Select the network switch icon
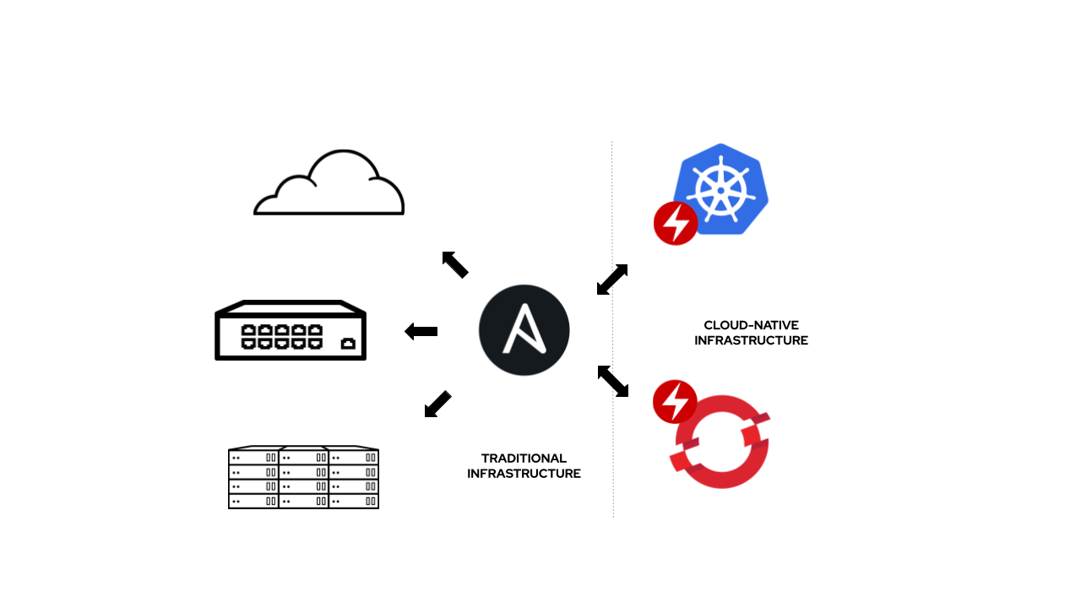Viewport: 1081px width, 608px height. [291, 331]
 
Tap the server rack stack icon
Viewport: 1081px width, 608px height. [303, 478]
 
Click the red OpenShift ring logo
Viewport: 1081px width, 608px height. [722, 442]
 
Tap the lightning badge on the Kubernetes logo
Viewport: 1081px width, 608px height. [676, 224]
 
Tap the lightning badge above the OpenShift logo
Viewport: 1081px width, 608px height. [675, 402]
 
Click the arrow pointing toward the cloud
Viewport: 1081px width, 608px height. [455, 264]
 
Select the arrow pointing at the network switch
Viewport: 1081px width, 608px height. [421, 331]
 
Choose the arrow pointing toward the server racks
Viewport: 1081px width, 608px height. [437, 404]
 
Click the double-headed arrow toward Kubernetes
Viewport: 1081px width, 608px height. [612, 280]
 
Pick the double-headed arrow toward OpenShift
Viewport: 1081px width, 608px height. [613, 381]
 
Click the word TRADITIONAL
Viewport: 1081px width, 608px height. [524, 459]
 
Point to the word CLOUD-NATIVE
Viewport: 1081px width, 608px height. [751, 325]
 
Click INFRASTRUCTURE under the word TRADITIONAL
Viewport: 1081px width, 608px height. [524, 474]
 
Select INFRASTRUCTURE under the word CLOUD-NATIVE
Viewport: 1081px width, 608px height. [751, 340]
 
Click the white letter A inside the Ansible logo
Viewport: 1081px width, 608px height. [524, 329]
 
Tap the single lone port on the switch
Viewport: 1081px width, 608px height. [347, 343]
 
